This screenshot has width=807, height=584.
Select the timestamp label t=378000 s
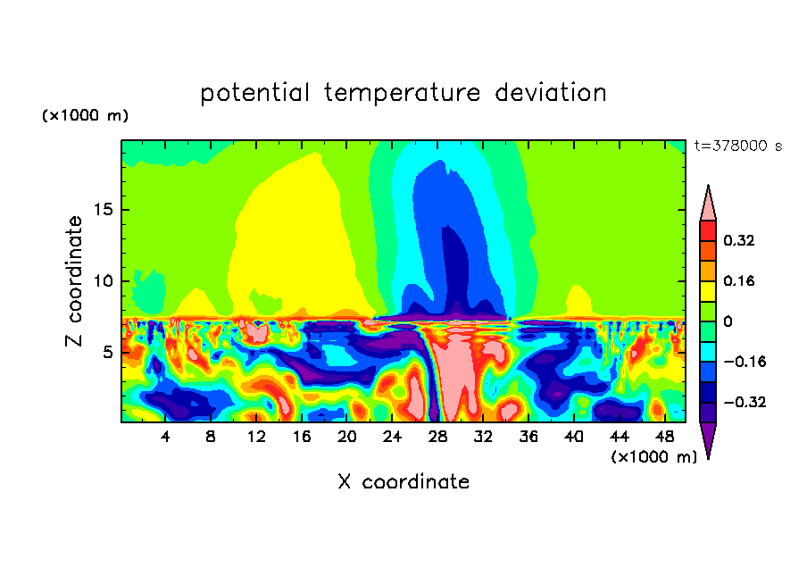coord(737,146)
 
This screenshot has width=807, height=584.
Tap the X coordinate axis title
coord(403,482)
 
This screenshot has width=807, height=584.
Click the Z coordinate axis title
coord(74,281)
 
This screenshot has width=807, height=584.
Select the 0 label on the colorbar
coord(728,321)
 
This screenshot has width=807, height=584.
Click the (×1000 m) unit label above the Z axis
coord(85,116)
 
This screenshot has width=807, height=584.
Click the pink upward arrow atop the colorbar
coord(708,204)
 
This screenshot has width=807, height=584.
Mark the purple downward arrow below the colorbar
coord(708,438)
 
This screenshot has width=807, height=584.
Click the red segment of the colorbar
coord(708,230)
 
